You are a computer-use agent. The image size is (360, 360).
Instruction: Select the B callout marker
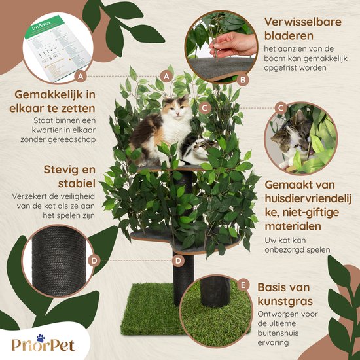click(244, 81)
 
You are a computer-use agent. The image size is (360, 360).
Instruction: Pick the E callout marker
click(244, 285)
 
